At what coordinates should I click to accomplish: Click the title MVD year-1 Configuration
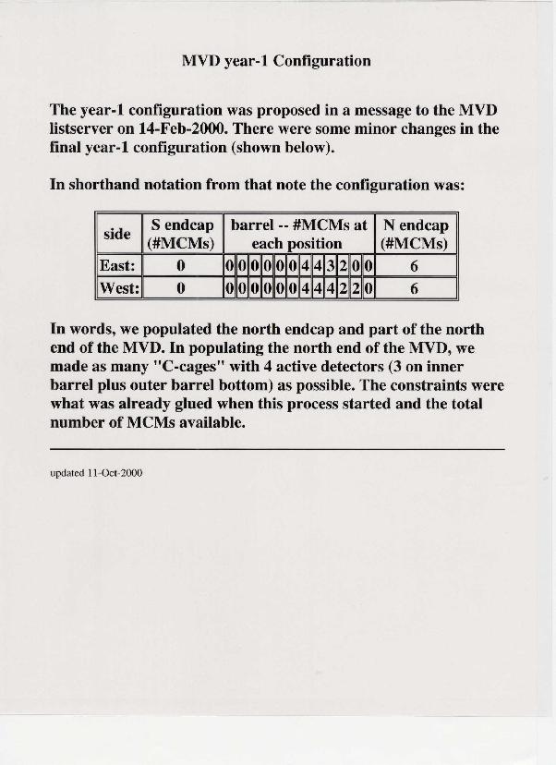(276, 62)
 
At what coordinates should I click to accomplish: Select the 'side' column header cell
(117, 235)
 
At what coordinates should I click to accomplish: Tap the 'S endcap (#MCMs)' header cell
(182, 235)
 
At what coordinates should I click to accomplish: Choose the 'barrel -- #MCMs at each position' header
(298, 235)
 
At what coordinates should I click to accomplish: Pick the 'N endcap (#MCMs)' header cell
(415, 235)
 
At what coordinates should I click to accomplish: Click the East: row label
(118, 266)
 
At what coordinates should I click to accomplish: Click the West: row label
(119, 288)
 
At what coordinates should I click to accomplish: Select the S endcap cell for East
(182, 266)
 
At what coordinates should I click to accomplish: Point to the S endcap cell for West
(182, 288)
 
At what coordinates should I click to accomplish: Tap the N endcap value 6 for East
(415, 266)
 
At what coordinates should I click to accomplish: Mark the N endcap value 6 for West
(415, 288)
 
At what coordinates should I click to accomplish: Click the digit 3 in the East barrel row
(330, 266)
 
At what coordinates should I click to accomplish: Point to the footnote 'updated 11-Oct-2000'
(96, 473)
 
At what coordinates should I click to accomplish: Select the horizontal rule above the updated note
(277, 448)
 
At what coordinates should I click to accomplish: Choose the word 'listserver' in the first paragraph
(82, 129)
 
